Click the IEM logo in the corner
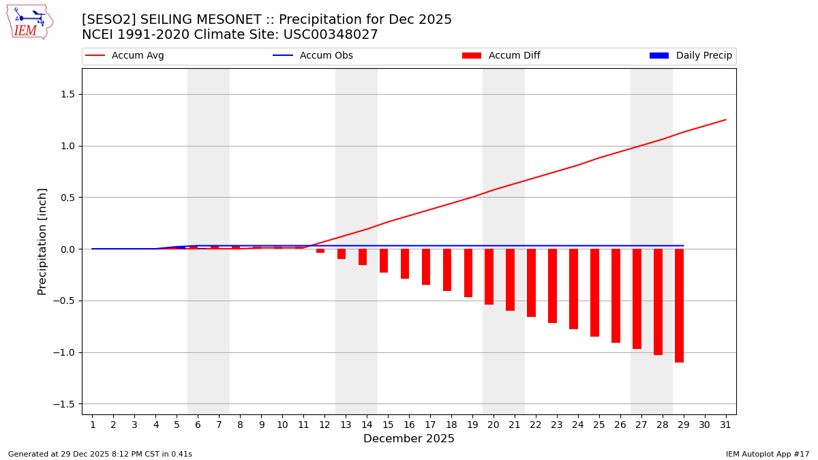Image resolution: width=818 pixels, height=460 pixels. (29, 22)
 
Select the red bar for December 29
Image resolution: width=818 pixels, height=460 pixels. (679, 305)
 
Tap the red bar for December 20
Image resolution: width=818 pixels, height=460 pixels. (489, 277)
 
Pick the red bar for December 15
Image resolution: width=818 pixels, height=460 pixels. (384, 261)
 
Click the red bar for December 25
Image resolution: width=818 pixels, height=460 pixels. (594, 292)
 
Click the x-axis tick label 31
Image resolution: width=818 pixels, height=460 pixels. (725, 425)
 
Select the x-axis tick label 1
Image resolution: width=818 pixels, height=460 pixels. (92, 425)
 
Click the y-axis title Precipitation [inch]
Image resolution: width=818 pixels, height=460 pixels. (42, 241)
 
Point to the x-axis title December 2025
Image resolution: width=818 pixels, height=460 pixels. (408, 439)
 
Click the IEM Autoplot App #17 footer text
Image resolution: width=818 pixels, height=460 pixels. (767, 454)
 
